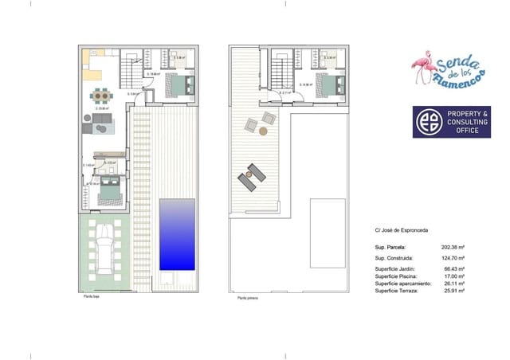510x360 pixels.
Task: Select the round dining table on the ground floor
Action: click(x=101, y=96)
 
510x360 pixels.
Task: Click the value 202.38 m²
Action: click(x=453, y=247)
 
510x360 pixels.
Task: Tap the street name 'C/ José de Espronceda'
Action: click(x=402, y=230)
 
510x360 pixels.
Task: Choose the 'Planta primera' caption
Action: click(x=248, y=299)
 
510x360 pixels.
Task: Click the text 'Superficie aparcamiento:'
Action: click(x=403, y=284)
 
